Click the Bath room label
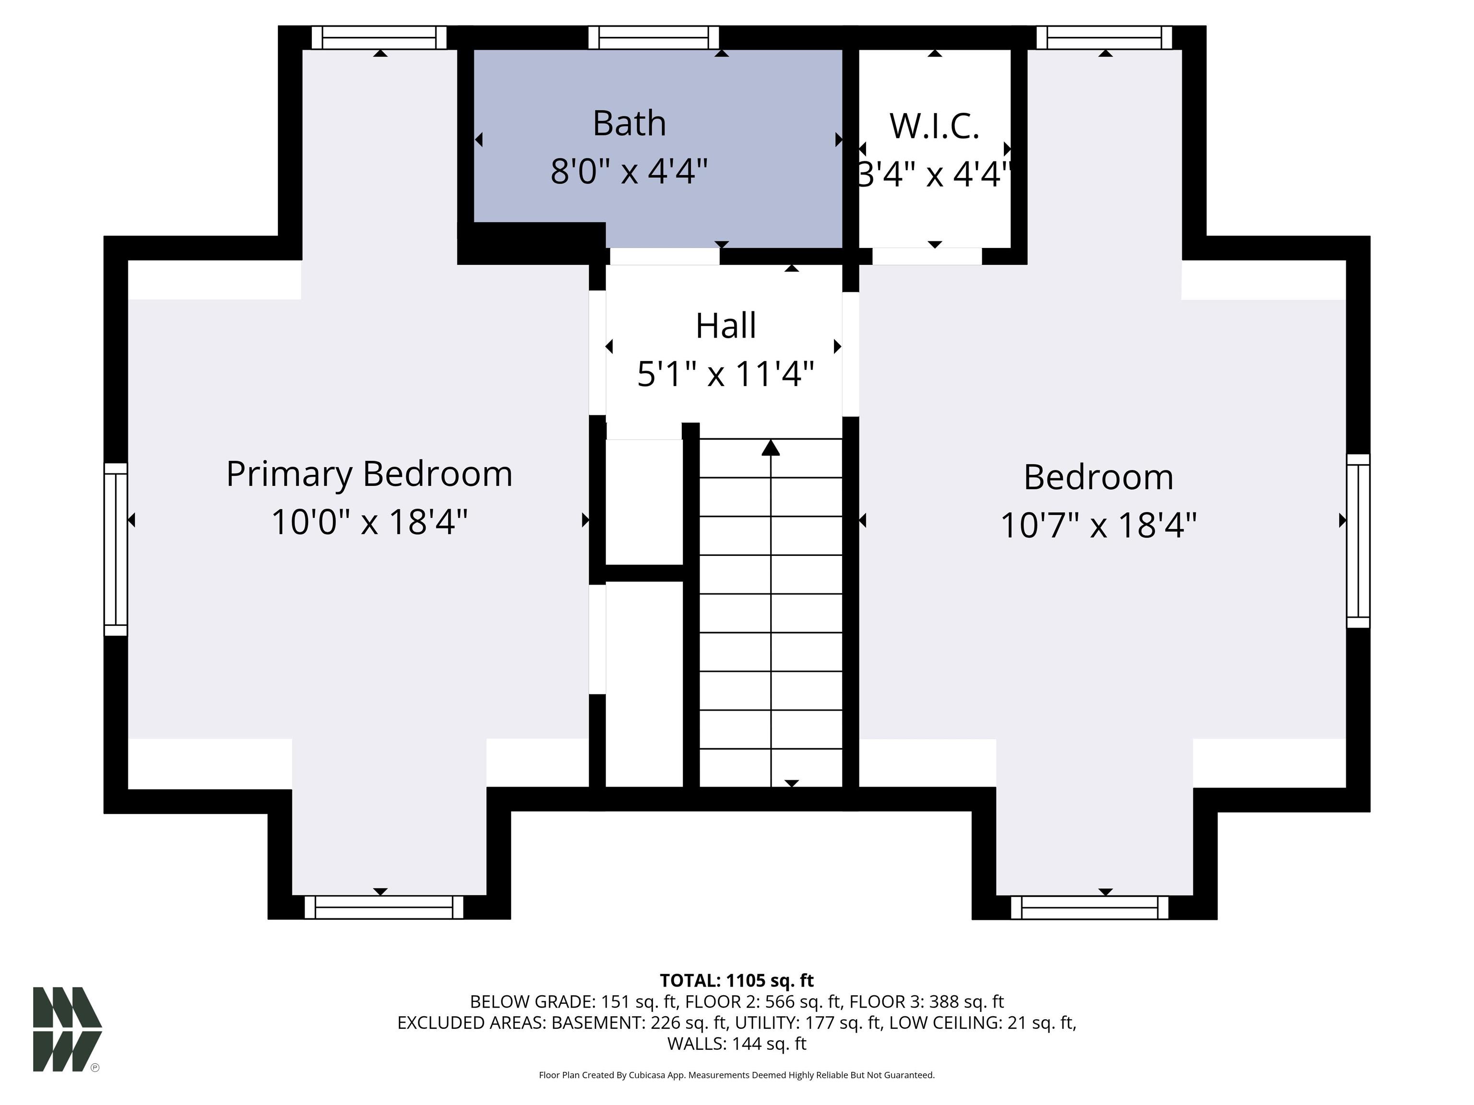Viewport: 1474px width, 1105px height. tap(629, 123)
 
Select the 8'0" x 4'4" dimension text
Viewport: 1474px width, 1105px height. tap(629, 171)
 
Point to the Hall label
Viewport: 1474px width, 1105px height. tap(725, 326)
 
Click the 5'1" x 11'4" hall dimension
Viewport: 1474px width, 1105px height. tap(725, 374)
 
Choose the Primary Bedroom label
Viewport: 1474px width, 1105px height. tap(369, 475)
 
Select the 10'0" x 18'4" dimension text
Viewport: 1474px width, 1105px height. tap(369, 521)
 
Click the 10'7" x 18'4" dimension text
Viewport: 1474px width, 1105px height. tap(1098, 525)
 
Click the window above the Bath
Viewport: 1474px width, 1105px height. tap(654, 37)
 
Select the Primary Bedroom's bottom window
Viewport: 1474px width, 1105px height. tap(384, 907)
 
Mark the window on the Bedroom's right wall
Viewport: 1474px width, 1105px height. tap(1358, 541)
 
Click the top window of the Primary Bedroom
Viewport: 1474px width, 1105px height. tap(379, 37)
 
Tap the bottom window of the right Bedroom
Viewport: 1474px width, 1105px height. tap(1090, 907)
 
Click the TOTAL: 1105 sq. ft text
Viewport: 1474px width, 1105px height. tap(737, 980)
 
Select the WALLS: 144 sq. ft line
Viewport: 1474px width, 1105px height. tap(737, 1044)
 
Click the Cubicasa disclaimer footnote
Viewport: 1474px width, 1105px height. tap(737, 1075)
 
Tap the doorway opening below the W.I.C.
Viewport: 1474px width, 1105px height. tap(927, 256)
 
